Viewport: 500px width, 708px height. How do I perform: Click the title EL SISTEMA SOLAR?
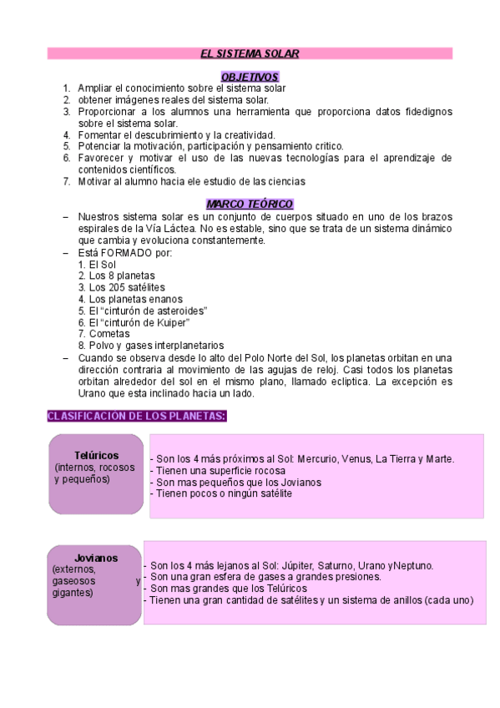point(250,53)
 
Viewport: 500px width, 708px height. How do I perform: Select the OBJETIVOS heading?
point(250,76)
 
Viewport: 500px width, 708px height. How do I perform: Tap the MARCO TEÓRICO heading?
point(250,205)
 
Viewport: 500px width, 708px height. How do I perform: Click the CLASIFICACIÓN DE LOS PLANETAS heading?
point(137,416)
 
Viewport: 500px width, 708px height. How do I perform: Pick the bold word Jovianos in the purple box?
point(95,558)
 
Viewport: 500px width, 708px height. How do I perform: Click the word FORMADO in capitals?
point(126,252)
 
